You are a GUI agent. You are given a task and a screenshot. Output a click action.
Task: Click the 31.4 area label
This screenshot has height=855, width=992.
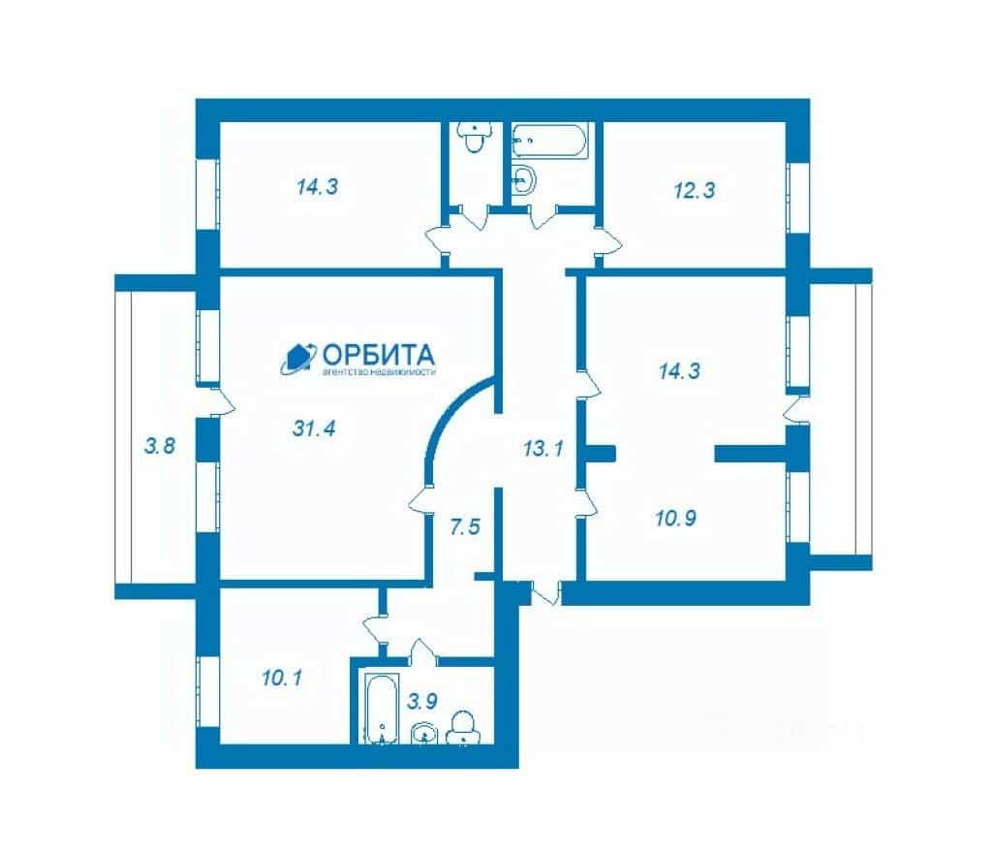pyautogui.click(x=314, y=429)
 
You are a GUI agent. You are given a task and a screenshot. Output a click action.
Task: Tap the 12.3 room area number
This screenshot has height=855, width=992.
pyautogui.click(x=694, y=191)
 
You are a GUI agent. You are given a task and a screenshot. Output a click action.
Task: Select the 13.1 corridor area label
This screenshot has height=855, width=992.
pyautogui.click(x=542, y=450)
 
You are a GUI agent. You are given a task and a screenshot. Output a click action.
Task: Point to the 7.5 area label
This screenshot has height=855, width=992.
pyautogui.click(x=465, y=527)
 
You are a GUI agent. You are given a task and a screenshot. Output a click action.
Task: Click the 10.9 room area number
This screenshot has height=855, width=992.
pyautogui.click(x=675, y=519)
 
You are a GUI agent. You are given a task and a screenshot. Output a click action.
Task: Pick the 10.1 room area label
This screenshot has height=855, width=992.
pyautogui.click(x=282, y=679)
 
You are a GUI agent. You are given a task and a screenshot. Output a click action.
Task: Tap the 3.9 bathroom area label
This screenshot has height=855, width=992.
pyautogui.click(x=422, y=701)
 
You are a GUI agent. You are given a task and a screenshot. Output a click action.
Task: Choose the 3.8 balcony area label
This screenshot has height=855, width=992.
pyautogui.click(x=160, y=446)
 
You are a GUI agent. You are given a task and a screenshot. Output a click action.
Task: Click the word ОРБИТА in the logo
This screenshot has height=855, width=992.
pyautogui.click(x=379, y=355)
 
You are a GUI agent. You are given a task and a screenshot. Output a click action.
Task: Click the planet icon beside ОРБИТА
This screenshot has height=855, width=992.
pyautogui.click(x=298, y=359)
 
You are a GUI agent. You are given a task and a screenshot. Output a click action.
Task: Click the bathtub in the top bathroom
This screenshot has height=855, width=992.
pyautogui.click(x=549, y=140)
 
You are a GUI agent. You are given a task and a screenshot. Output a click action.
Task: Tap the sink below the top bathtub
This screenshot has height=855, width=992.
pyautogui.click(x=523, y=180)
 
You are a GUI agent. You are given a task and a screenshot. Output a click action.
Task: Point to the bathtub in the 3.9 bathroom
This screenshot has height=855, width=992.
pyautogui.click(x=382, y=708)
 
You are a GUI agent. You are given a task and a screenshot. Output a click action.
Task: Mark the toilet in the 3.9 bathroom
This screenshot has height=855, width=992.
pyautogui.click(x=463, y=727)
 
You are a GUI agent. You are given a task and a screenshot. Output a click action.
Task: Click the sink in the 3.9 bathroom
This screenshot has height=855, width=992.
pyautogui.click(x=424, y=734)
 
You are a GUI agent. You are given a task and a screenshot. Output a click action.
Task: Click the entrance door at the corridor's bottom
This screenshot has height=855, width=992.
pyautogui.click(x=546, y=591)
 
